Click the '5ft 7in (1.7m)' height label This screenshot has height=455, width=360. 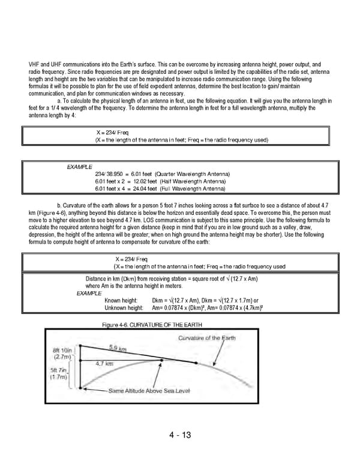tap(60, 375)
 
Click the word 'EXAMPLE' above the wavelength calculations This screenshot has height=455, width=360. tap(79, 166)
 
